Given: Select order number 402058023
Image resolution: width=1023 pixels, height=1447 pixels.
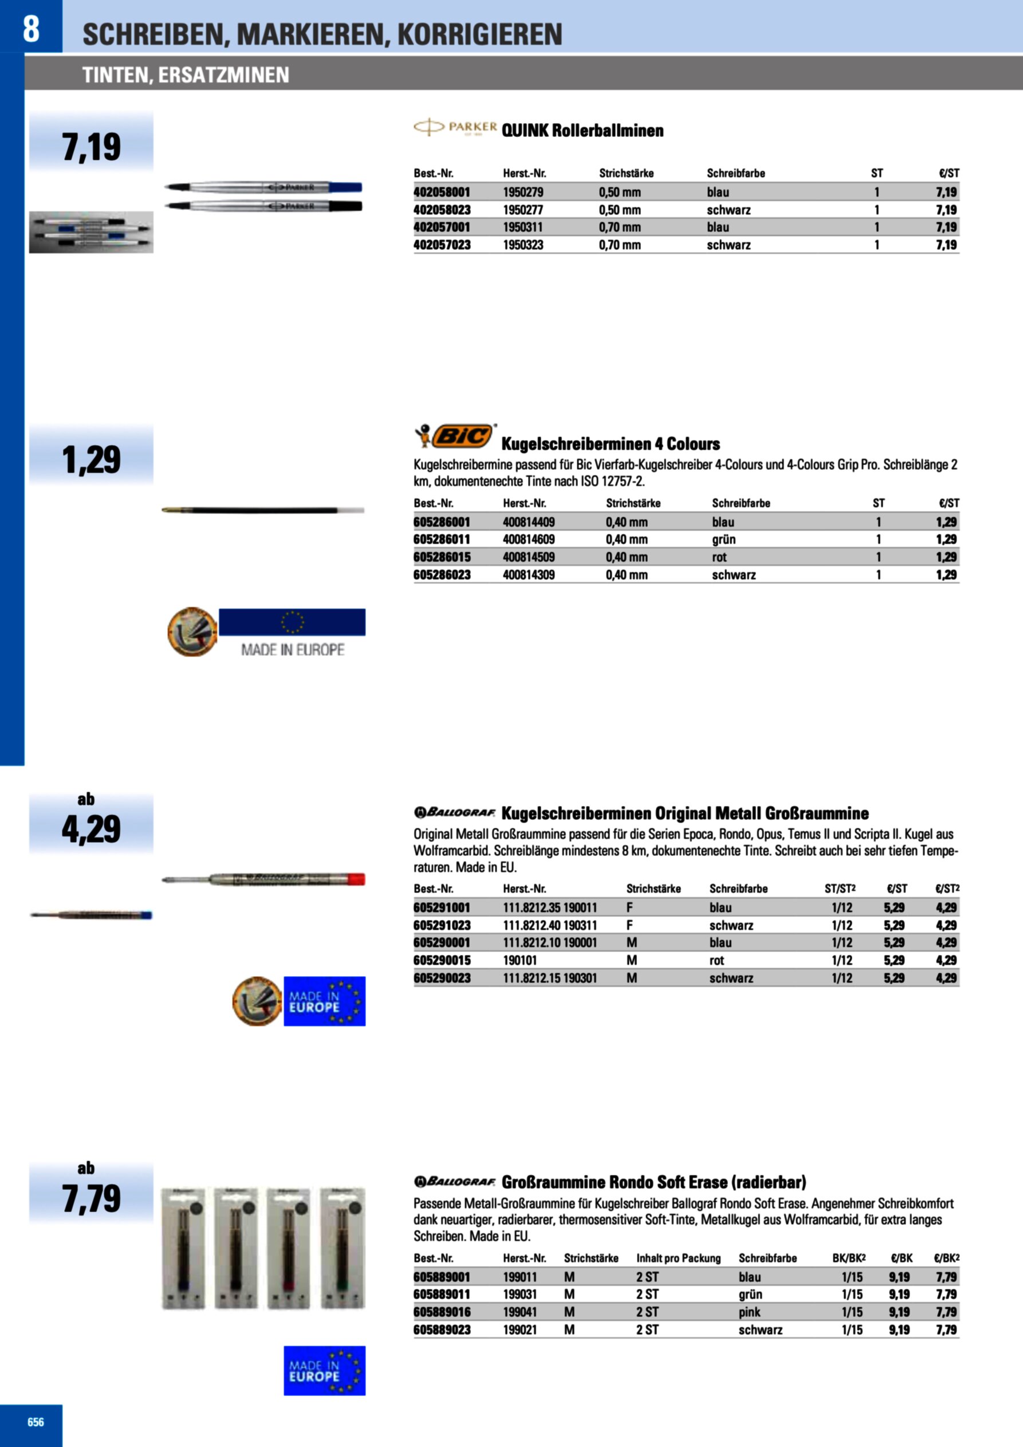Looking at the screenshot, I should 442,210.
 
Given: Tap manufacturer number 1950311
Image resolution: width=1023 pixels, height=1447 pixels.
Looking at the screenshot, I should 522,227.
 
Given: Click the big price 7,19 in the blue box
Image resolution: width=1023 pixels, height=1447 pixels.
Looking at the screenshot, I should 92,146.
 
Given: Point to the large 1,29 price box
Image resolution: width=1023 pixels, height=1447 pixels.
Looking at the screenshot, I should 92,459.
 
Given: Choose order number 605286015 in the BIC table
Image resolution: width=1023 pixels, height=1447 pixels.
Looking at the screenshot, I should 442,557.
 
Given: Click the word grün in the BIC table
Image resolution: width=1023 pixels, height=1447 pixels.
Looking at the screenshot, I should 723,540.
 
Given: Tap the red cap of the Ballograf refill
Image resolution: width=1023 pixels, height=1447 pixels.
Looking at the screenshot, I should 356,879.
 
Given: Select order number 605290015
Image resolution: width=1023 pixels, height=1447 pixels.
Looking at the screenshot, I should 442,961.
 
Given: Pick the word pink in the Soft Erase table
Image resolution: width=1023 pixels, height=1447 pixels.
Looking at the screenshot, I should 749,1312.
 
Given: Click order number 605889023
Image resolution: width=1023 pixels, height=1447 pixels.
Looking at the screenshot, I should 442,1330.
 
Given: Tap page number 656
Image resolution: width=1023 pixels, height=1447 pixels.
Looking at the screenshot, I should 36,1422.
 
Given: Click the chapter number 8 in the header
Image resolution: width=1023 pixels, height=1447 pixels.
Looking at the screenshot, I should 31,29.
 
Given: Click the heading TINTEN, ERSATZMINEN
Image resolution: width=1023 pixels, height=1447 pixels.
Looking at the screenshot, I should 186,75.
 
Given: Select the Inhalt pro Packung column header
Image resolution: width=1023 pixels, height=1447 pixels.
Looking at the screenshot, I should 678,1258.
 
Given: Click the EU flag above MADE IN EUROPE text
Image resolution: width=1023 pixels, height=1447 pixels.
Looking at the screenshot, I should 292,622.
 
